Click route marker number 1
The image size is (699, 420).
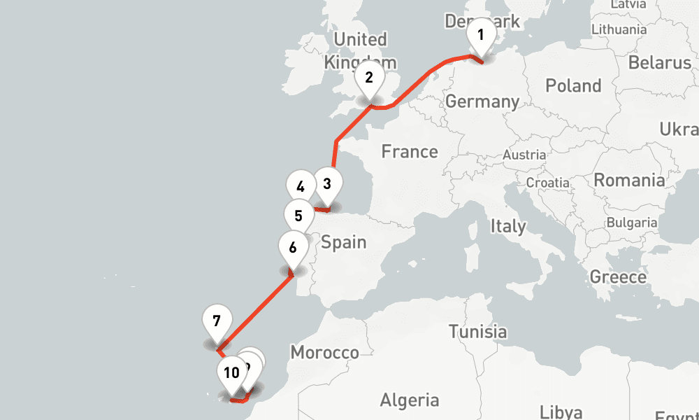[480, 35]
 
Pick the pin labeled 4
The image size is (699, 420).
[301, 187]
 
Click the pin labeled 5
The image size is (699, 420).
[298, 216]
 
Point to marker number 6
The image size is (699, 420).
[292, 248]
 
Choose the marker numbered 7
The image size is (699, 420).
[217, 321]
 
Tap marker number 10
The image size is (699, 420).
[232, 372]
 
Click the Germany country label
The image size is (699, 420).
[482, 101]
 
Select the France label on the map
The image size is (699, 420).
[410, 151]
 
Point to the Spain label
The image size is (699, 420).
[343, 242]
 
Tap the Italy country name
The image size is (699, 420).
[507, 226]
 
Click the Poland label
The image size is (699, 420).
[573, 86]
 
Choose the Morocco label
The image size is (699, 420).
[324, 352]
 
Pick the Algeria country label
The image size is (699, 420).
[409, 400]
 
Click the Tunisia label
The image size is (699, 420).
[477, 330]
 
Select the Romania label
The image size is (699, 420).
[629, 180]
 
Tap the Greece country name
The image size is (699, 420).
[618, 276]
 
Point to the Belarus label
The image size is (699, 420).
[659, 62]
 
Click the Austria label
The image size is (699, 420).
[524, 155]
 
